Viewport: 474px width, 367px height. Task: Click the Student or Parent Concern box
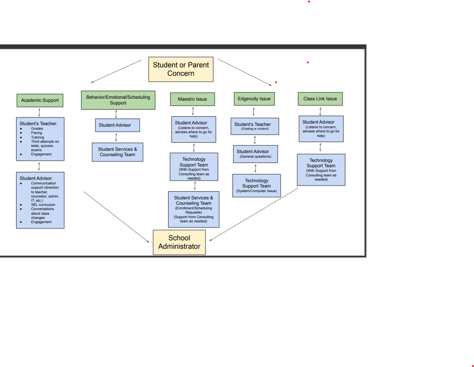pos(181,69)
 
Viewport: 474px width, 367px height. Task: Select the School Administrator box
pos(179,242)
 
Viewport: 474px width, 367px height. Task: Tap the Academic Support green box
pos(40,100)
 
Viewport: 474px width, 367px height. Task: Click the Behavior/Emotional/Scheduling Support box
pos(118,100)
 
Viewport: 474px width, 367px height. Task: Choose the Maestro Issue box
pos(192,99)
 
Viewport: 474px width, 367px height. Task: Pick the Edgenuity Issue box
pos(254,99)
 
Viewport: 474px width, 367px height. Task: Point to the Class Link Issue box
pos(320,99)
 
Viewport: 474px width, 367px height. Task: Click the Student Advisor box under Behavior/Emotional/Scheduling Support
pos(117,125)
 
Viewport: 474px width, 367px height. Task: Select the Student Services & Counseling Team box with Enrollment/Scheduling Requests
pos(194,209)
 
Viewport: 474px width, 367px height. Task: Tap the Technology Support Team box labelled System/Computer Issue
pos(257,186)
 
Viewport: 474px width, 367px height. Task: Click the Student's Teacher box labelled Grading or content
pos(255,126)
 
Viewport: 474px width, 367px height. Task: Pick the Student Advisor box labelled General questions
pos(255,154)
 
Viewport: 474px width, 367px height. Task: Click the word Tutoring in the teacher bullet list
pos(38,137)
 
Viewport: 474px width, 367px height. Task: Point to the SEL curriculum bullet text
pos(43,205)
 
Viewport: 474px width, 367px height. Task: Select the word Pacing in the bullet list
pos(37,133)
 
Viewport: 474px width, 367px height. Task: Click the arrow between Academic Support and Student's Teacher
pos(39,112)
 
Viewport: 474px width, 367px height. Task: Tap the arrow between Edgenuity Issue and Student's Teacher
pos(253,112)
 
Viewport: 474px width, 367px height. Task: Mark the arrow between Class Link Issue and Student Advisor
pos(320,111)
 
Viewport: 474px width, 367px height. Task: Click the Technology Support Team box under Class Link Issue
pos(321,170)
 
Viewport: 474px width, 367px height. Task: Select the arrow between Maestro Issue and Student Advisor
pos(193,111)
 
